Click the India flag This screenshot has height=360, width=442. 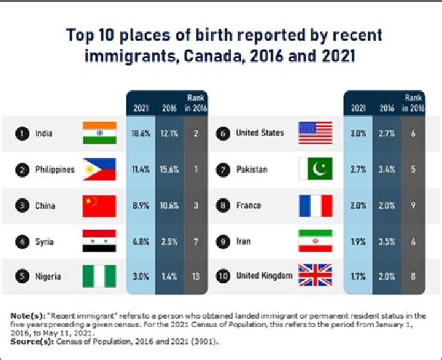tap(99, 133)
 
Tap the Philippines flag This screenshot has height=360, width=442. tap(99, 170)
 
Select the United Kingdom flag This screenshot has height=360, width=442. tap(316, 275)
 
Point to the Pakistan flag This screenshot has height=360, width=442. tap(316, 169)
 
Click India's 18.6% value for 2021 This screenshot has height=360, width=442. tap(141, 133)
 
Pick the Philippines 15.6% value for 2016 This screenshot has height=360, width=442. tap(169, 170)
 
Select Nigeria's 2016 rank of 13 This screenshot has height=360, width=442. tap(196, 276)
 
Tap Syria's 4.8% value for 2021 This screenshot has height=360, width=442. tap(141, 242)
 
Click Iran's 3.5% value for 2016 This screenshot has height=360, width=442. tap(387, 242)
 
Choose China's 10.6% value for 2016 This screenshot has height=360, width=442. tap(169, 205)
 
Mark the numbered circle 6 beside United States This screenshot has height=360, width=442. tap(223, 133)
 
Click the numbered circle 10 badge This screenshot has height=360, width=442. tap(223, 276)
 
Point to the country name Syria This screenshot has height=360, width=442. tap(44, 242)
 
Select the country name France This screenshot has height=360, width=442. tap(249, 205)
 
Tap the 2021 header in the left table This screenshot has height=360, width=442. tap(141, 108)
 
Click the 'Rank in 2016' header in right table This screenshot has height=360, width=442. tap(413, 103)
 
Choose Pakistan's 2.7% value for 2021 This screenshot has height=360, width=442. tap(359, 170)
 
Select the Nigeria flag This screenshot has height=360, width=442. tap(99, 276)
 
